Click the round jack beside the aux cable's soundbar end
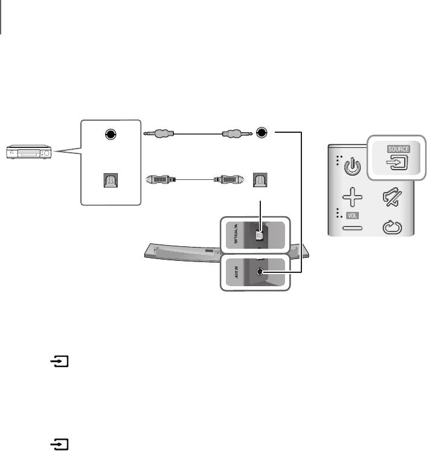pos(262,133)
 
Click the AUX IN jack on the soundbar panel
pos(260,272)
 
